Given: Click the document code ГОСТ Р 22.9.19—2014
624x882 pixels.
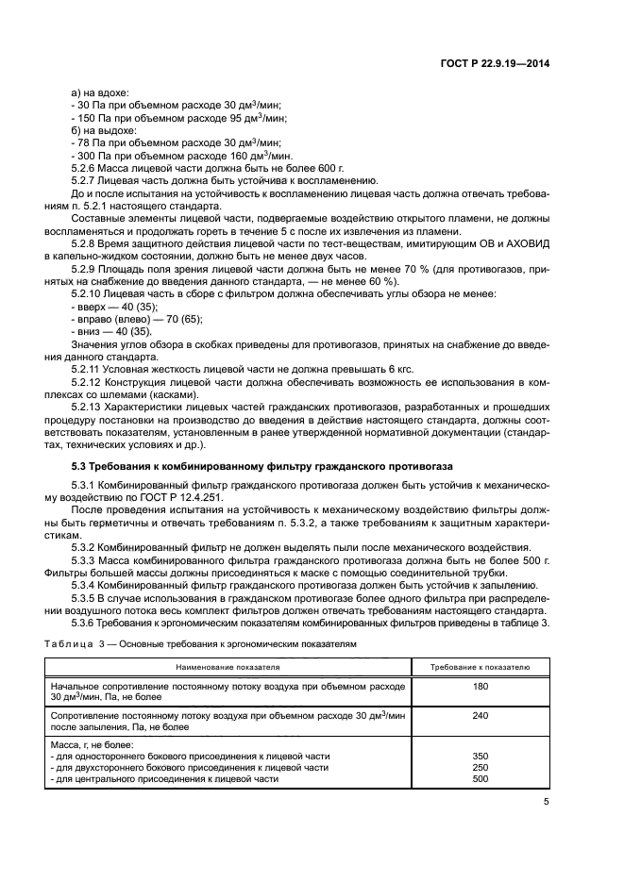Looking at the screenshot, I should pos(495,63).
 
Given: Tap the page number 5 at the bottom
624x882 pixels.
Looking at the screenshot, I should pos(546,802).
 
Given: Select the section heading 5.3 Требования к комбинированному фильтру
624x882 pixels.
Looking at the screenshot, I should pos(262,466).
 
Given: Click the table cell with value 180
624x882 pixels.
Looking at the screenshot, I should pos(480,688).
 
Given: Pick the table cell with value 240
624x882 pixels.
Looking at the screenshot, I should pos(480,716).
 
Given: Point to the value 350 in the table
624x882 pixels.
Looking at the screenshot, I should pos(480,757).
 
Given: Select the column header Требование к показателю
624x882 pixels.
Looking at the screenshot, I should pos(480,667).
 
